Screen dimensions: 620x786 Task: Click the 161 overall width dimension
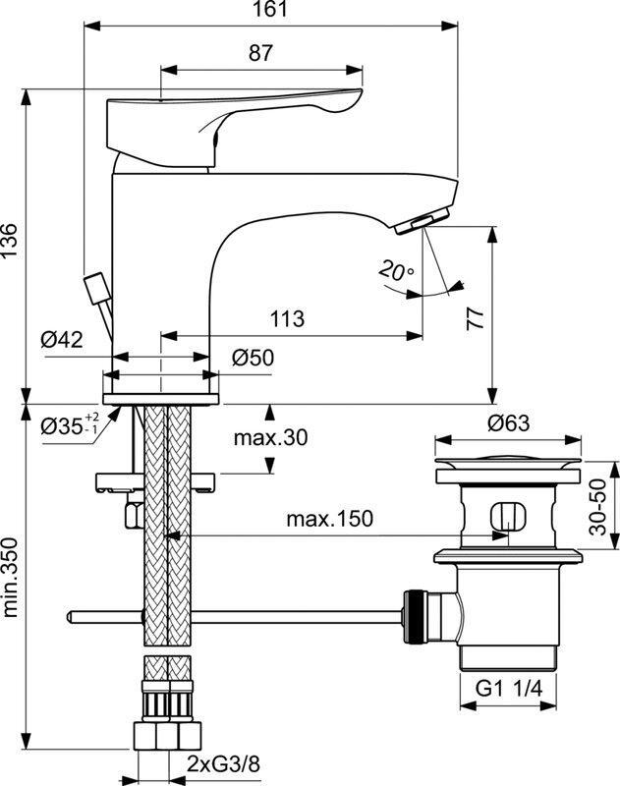pyautogui.click(x=270, y=9)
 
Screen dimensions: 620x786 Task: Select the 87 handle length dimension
pyautogui.click(x=260, y=53)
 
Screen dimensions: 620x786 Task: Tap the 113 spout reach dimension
pyautogui.click(x=287, y=318)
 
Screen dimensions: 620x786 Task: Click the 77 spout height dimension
pyautogui.click(x=477, y=318)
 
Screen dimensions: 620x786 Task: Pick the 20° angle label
pyautogui.click(x=396, y=271)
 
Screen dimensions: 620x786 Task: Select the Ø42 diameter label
pyautogui.click(x=62, y=340)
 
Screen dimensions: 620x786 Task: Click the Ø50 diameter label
pyautogui.click(x=254, y=358)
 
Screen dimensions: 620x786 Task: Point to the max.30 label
pyautogui.click(x=270, y=437)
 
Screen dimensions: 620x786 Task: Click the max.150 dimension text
pyautogui.click(x=330, y=519)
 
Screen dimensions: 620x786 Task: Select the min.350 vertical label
pyautogui.click(x=10, y=578)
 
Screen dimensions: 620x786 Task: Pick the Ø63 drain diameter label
pyautogui.click(x=508, y=423)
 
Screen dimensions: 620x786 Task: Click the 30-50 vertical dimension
pyautogui.click(x=598, y=507)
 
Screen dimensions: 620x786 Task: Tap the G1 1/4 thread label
pyautogui.click(x=509, y=689)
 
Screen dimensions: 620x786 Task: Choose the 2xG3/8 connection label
pyautogui.click(x=224, y=764)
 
